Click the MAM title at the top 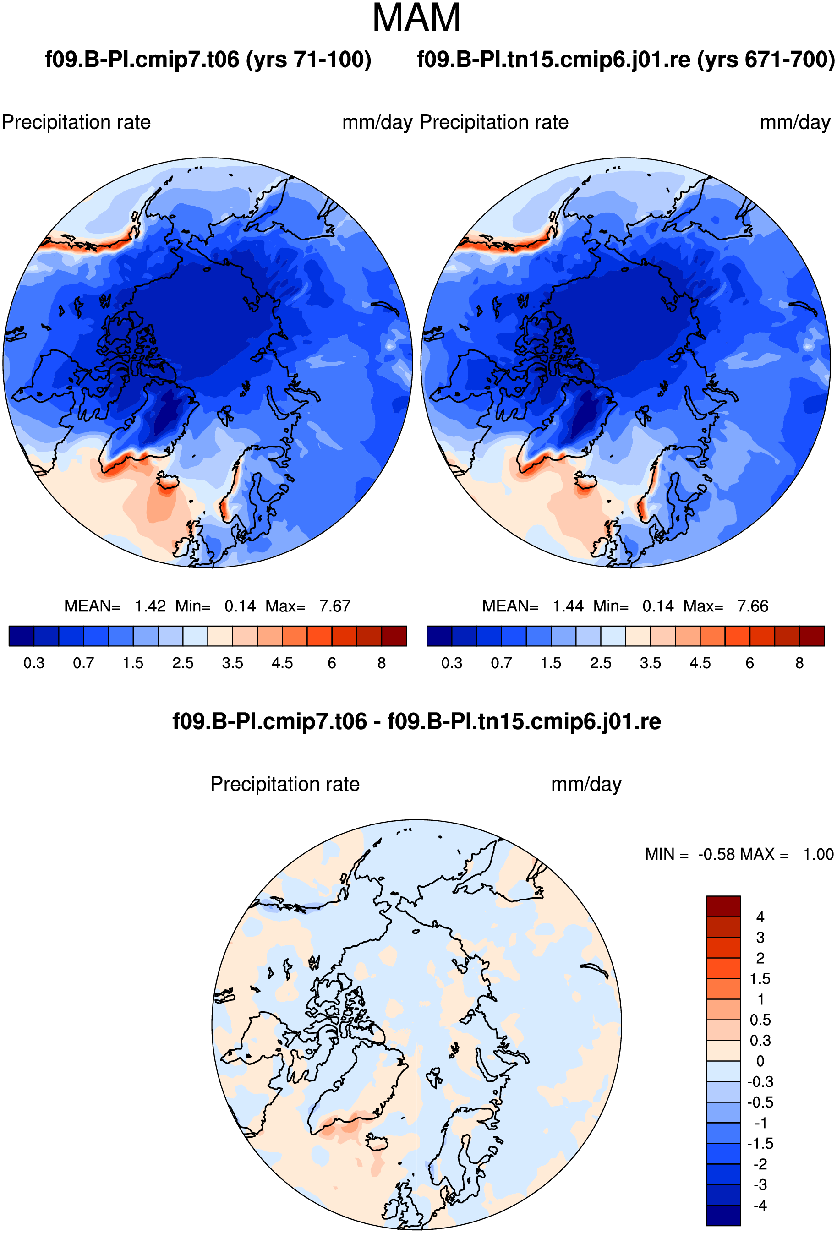coord(416,18)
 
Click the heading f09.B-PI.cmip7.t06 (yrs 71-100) coord(208,60)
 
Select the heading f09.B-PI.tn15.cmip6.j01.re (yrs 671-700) coord(626,60)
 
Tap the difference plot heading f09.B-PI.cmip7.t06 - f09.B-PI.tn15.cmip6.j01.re coord(416,721)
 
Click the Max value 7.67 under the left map coord(335,606)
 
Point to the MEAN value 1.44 coord(568,606)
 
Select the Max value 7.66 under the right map coord(753,606)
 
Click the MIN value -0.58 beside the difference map coord(716,854)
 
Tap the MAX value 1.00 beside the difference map coord(818,854)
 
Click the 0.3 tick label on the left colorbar coord(34,663)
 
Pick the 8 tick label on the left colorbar coord(382,663)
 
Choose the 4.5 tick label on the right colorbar coord(700,663)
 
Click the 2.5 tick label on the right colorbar coord(601,663)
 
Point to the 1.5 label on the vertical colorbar coord(760,979)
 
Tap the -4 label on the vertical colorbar coord(760,1206)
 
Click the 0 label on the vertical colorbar coord(760,1061)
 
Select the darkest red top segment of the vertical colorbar coord(723,906)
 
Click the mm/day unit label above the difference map coord(586,784)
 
